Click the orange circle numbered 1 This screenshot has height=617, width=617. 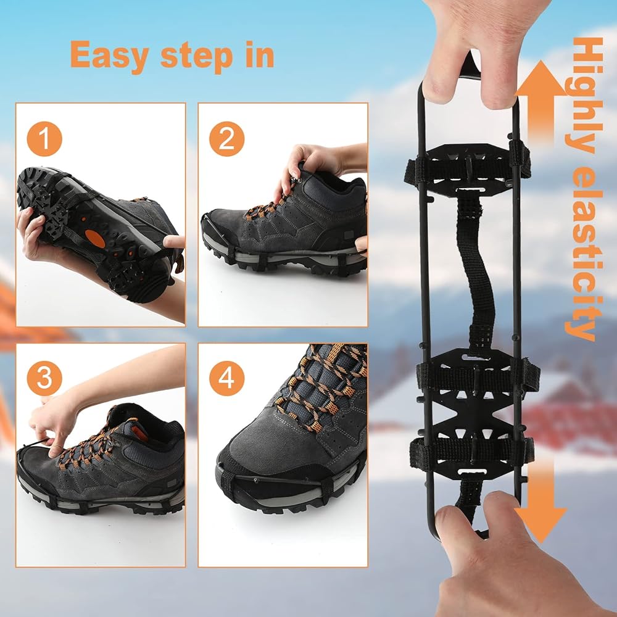coord(44,139)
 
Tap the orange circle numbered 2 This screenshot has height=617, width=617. coord(226,139)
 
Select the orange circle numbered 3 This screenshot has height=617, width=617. coord(44,378)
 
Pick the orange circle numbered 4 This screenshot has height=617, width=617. coord(226,378)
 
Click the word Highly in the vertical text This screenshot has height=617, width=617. coord(584,96)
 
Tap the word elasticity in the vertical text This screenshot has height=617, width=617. coord(584,252)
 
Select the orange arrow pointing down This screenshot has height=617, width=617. coord(541,503)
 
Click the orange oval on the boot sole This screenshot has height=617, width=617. coord(95,238)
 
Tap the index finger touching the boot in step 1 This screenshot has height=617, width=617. coord(174,241)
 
